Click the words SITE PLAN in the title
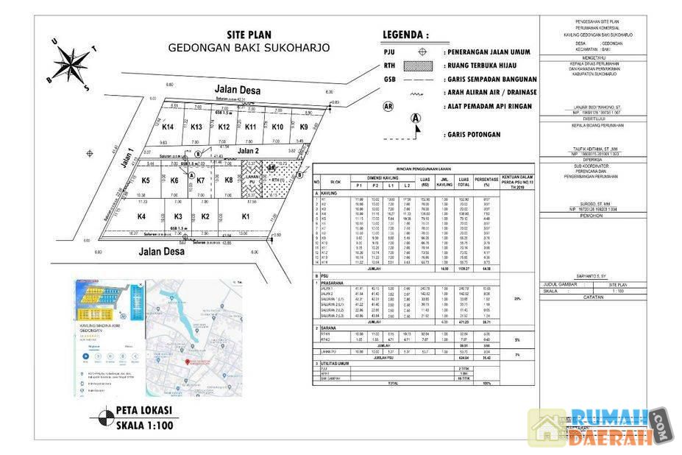pyautogui.click(x=249, y=35)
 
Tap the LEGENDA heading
pyautogui.click(x=405, y=35)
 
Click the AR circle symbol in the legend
pyautogui.click(x=388, y=106)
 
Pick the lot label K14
pyautogui.click(x=167, y=127)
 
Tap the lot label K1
pyautogui.click(x=246, y=216)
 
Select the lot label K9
pyautogui.click(x=304, y=127)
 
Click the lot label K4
pyautogui.click(x=141, y=216)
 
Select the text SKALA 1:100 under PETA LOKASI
pyautogui.click(x=144, y=424)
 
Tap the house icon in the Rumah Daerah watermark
pyautogui.click(x=547, y=427)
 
